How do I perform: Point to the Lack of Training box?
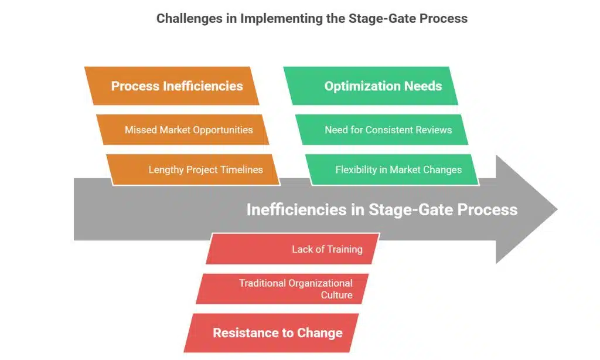(x=293, y=249)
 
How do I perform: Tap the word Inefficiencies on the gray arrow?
(x=298, y=209)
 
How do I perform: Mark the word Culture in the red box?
(x=336, y=295)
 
